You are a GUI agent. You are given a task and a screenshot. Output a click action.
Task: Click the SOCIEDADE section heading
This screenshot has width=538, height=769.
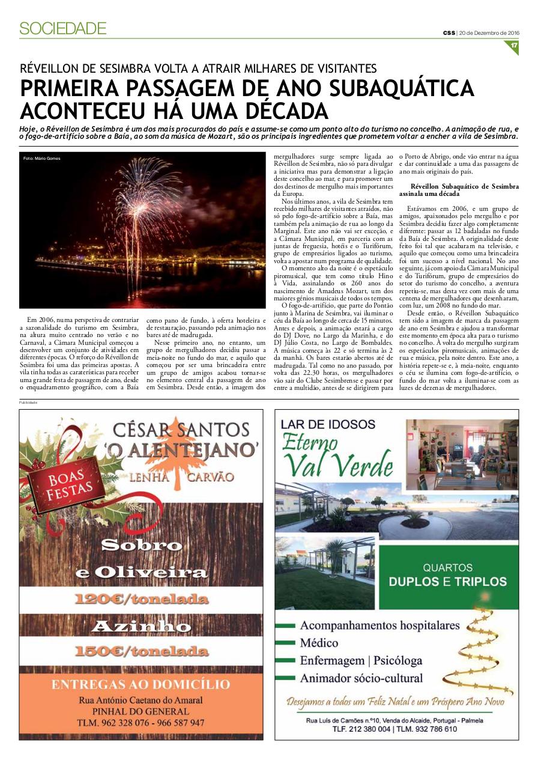[63, 28]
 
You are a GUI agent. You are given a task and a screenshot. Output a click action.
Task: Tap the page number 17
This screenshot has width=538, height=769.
[513, 46]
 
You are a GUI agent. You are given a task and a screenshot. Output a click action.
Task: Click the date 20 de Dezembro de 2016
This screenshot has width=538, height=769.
[489, 32]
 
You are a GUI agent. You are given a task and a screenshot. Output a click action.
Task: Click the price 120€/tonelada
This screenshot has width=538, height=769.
[141, 599]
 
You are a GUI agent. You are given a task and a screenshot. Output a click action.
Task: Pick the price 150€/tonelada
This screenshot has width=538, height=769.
[141, 651]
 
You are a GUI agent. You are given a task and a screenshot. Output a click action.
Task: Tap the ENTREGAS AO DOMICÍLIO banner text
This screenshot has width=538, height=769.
[141, 684]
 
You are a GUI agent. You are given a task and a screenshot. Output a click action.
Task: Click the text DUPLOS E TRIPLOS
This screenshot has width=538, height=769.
[448, 582]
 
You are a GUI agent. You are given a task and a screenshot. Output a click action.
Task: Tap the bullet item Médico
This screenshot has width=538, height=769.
[319, 643]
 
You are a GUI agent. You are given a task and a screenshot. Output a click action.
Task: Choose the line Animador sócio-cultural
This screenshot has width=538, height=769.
[361, 678]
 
